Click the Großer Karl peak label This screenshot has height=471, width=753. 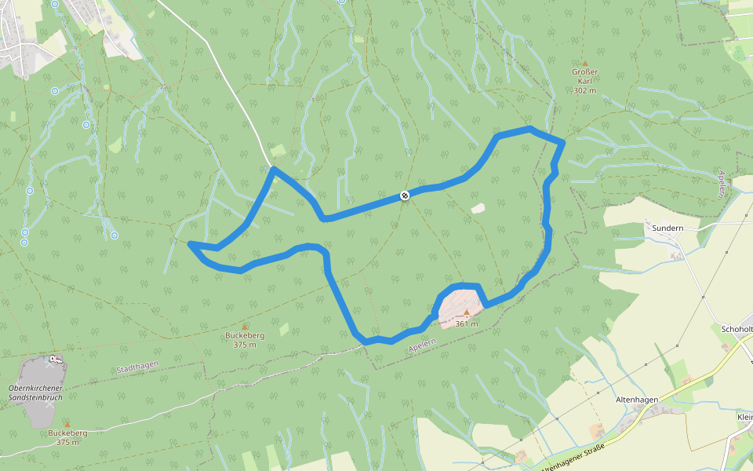click(584, 76)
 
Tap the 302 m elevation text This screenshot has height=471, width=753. click(584, 90)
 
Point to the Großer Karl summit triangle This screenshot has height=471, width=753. click(584, 63)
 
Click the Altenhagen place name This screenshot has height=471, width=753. click(636, 400)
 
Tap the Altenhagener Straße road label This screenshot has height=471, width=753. click(573, 458)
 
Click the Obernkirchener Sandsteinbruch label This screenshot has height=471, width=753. click(35, 392)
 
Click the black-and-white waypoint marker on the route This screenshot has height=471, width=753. click(405, 195)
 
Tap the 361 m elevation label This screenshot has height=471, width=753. click(467, 323)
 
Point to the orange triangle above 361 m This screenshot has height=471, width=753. click(467, 312)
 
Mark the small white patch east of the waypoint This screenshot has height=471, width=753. click(478, 208)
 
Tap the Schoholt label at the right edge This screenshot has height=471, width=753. click(737, 328)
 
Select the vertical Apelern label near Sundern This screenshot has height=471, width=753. click(722, 184)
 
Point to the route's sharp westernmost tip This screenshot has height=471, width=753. click(191, 244)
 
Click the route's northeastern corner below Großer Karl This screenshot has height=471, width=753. click(562, 143)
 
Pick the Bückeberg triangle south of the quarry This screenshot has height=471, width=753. click(67, 423)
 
